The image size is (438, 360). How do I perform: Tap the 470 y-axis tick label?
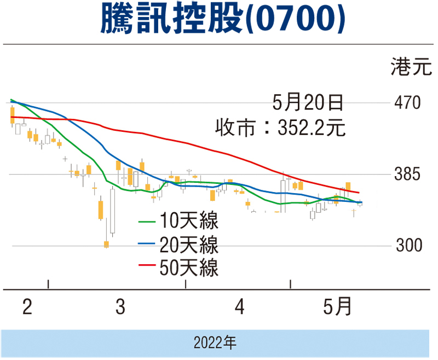pyautogui.click(x=407, y=103)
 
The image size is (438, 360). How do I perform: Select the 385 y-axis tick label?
pyautogui.click(x=407, y=175)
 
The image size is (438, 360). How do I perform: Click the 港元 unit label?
pyautogui.click(x=408, y=68)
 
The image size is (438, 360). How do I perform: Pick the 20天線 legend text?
pyautogui.click(x=189, y=245)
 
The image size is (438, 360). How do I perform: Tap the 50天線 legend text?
pyautogui.click(x=189, y=268)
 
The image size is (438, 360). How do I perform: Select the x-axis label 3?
pyautogui.click(x=120, y=307)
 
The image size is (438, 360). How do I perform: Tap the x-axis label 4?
pyautogui.click(x=239, y=307)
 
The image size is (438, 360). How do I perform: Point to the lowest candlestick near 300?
pyautogui.click(x=106, y=245)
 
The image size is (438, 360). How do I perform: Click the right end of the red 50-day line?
pyautogui.click(x=359, y=193)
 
